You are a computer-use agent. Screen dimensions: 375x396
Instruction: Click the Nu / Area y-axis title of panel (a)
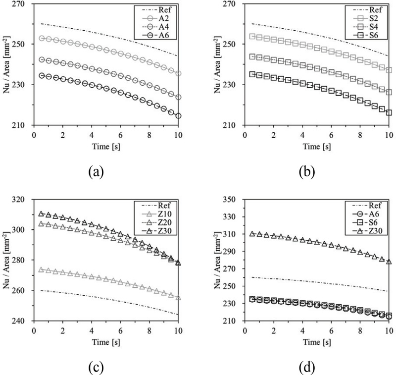[6, 64]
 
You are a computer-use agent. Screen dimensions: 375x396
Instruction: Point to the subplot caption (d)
[303, 367]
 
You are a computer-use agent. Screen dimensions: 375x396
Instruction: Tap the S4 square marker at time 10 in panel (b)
[389, 92]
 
